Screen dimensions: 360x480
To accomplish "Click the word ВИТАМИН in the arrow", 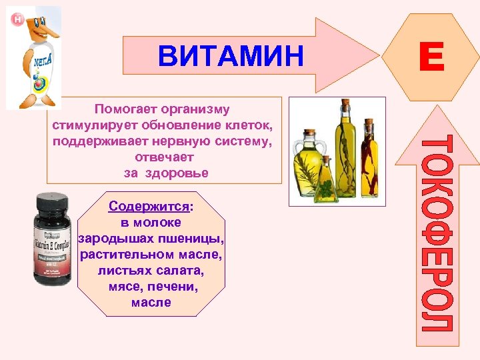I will pyautogui.click(x=231, y=56).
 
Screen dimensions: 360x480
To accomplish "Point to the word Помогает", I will pyautogui.click(x=126, y=109).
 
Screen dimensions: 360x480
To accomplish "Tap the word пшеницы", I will pyautogui.click(x=199, y=239).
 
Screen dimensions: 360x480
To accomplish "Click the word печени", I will pyautogui.click(x=178, y=287).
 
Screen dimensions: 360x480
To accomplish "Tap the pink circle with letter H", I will pyautogui.click(x=17, y=19).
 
